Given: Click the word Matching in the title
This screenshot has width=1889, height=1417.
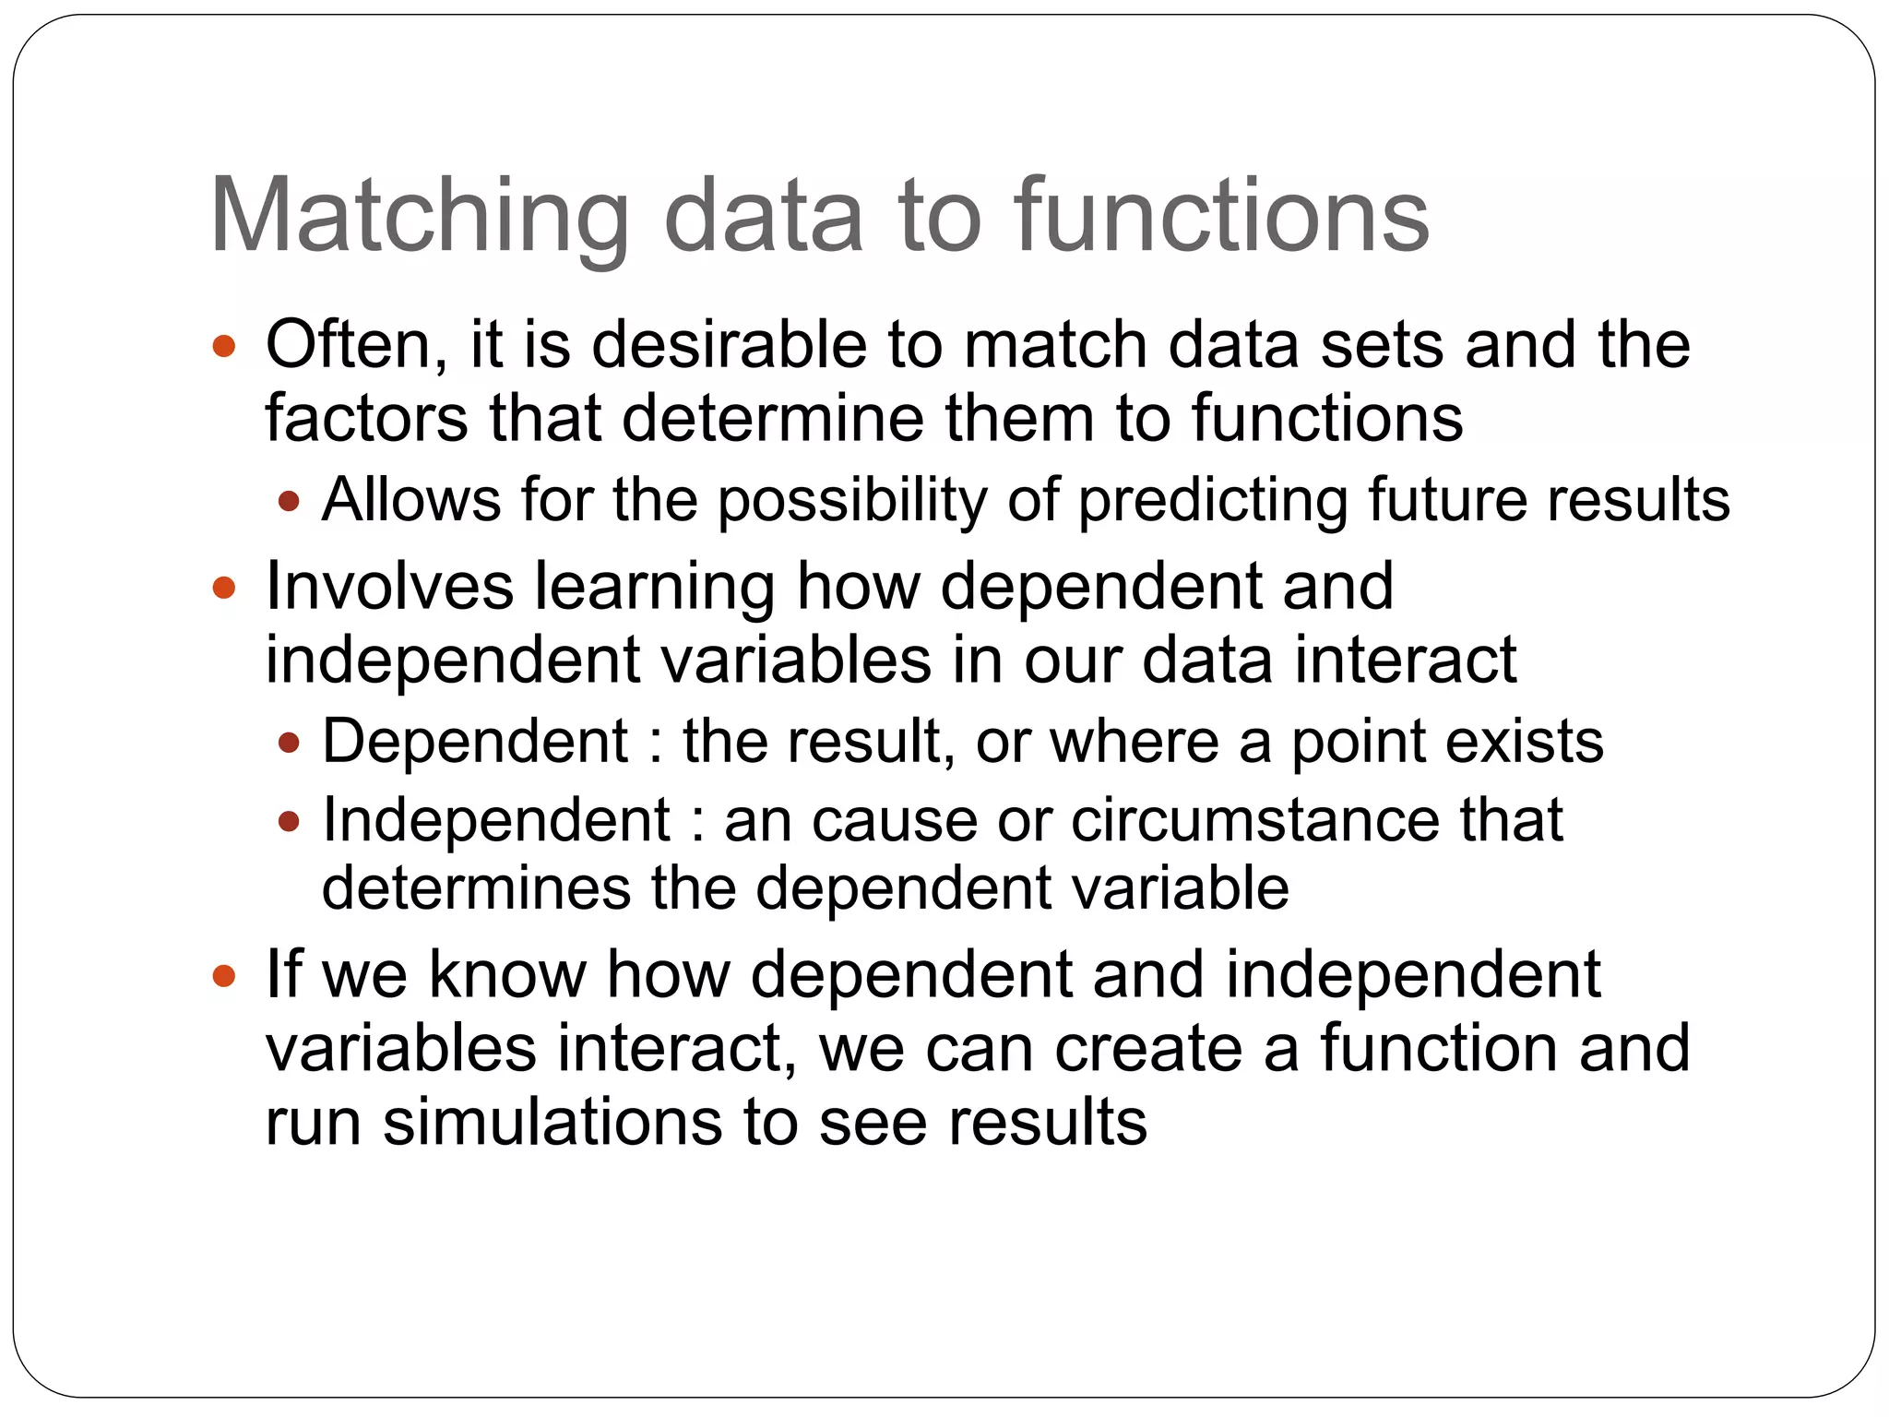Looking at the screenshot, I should click(420, 218).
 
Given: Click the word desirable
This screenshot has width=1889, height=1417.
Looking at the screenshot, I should click(729, 345).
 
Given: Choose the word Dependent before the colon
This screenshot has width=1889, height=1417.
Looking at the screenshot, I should click(475, 742).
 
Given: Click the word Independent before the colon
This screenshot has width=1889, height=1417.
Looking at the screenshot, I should click(496, 820).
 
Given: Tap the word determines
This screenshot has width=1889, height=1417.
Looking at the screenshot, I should click(476, 888).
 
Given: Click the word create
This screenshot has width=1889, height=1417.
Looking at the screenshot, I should click(1148, 1049).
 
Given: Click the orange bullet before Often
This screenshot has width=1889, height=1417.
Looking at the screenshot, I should click(224, 348).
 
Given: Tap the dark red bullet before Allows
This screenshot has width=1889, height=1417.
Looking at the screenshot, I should click(290, 502).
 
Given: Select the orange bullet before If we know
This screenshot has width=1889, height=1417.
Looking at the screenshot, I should click(224, 976).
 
